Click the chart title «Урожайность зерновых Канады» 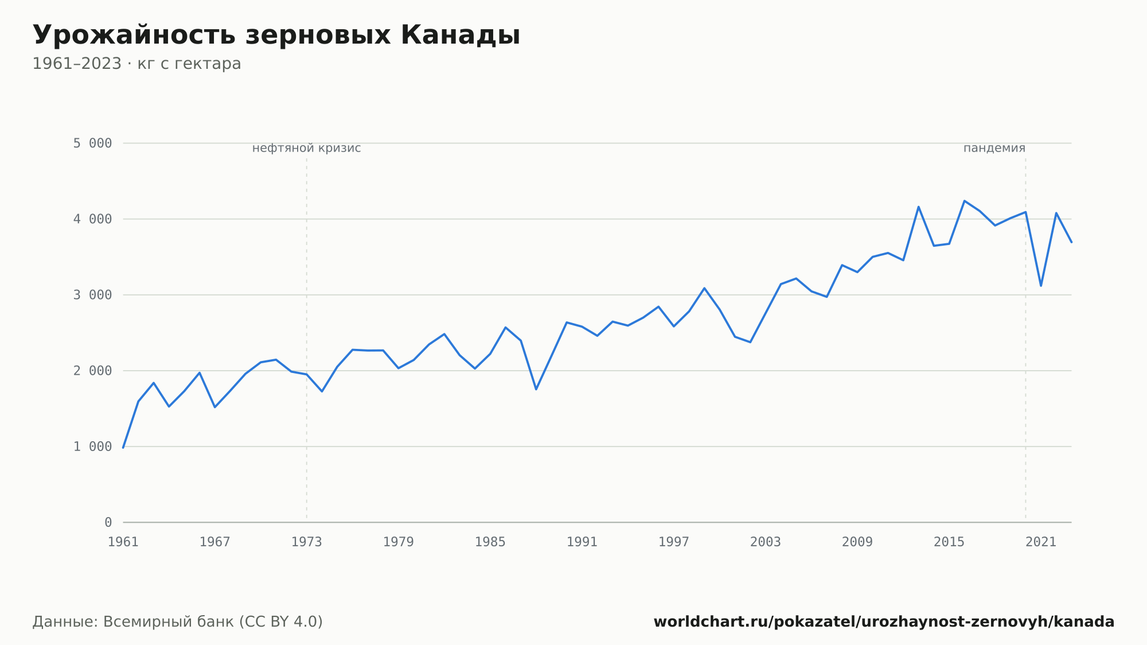click(x=276, y=36)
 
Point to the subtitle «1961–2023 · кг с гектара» click(x=136, y=64)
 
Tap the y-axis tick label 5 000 click(x=92, y=143)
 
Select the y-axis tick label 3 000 click(x=92, y=295)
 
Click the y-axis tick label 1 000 click(x=92, y=446)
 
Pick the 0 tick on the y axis click(x=108, y=522)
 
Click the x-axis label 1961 click(x=123, y=542)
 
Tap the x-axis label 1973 click(x=307, y=542)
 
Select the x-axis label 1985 click(x=490, y=542)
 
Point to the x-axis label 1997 click(x=674, y=542)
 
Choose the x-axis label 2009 click(x=857, y=542)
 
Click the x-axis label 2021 click(x=1041, y=542)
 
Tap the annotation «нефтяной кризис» click(x=307, y=148)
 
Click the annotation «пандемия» click(x=994, y=148)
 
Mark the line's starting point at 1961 click(x=123, y=448)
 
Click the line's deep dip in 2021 click(x=1041, y=286)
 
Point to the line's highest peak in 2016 click(x=965, y=201)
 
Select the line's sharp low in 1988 click(x=536, y=390)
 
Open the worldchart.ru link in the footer click(x=884, y=622)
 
